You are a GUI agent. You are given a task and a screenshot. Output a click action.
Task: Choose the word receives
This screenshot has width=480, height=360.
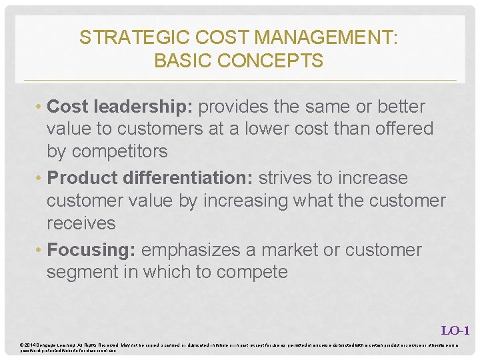(81, 223)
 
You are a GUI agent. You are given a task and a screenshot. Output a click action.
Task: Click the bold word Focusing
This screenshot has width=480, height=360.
(92, 250)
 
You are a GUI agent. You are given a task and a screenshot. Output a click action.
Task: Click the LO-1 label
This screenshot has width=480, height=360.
(456, 330)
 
